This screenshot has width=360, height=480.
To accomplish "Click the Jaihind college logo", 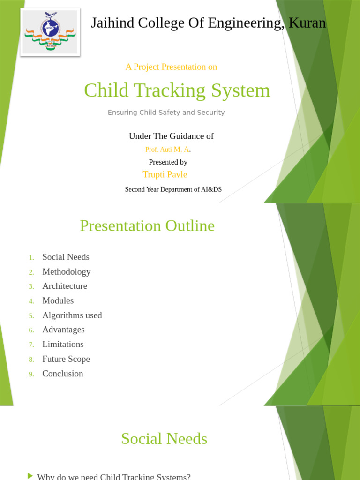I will tap(50, 31).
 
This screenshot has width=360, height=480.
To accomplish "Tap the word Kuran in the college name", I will tap(307, 23).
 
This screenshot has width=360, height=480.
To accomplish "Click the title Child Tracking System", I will tap(177, 90).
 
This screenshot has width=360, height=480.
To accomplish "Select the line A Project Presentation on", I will tap(171, 67).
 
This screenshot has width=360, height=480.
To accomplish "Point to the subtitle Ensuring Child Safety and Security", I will tap(166, 112).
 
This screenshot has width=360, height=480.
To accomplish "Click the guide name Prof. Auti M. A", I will tap(167, 150).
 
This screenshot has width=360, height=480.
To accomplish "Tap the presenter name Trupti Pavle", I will tap(165, 174).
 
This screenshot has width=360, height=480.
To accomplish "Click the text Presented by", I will tap(168, 162).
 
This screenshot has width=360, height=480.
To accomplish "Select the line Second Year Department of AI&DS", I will tap(173, 189).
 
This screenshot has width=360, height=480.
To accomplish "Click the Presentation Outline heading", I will tap(147, 226).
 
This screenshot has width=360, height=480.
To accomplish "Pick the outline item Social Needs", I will tap(66, 257).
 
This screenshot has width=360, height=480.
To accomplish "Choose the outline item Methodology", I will tap(66, 271).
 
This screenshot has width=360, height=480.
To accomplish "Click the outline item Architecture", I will tap(65, 286).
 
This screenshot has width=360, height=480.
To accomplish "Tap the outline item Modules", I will tap(58, 300).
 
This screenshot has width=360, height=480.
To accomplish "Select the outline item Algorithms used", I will tap(72, 315).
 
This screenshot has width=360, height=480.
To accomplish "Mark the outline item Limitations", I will tap(63, 344).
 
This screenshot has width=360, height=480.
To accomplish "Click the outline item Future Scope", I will tap(66, 359).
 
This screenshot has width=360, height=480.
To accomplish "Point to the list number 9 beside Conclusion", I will tap(31, 374).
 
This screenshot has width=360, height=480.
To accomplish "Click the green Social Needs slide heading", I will tap(164, 439).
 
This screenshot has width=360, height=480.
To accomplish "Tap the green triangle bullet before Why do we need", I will tap(30, 476).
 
